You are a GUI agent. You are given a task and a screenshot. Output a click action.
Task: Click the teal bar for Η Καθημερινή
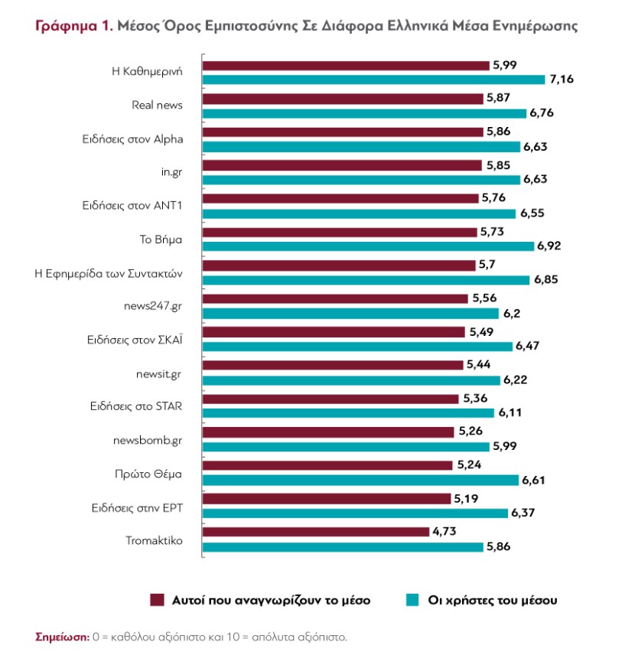pyautogui.click(x=375, y=79)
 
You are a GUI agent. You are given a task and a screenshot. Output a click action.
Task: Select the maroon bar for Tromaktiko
pyautogui.click(x=316, y=532)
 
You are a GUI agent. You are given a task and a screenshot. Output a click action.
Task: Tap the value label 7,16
pyautogui.click(x=561, y=79)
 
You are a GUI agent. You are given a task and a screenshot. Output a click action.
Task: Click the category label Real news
pyautogui.click(x=157, y=106)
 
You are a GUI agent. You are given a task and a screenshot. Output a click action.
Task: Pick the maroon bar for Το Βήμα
pyautogui.click(x=340, y=232)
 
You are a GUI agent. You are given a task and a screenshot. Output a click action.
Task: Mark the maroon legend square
pyautogui.click(x=158, y=599)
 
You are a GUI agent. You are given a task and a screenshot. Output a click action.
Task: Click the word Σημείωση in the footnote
pyautogui.click(x=62, y=636)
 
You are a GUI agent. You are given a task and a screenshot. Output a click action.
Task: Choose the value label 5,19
pyautogui.click(x=467, y=498)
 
